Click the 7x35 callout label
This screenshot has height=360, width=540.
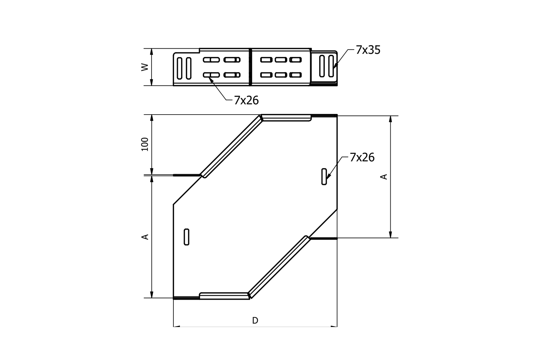point(368,50)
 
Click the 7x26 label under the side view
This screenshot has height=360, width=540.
point(246,100)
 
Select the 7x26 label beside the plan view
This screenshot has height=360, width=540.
point(362,157)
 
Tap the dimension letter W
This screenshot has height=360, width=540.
point(145,67)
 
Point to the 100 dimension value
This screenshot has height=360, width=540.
point(145,144)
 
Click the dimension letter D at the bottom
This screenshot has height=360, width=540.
point(255,320)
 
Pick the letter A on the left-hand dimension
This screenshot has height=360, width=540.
point(145,237)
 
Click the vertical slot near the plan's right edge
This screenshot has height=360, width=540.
point(324,177)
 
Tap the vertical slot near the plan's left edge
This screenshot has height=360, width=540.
point(186,237)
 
